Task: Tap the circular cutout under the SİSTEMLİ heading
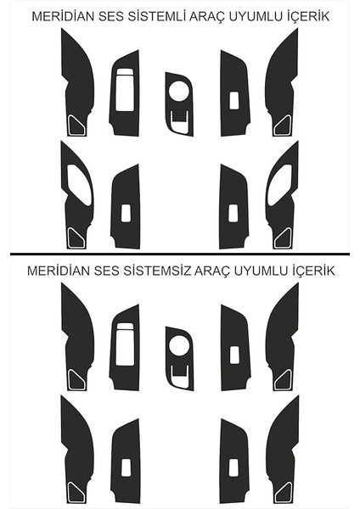tap(179, 89)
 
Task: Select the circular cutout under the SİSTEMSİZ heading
tap(179, 345)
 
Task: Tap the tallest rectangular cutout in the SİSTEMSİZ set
tap(124, 346)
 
